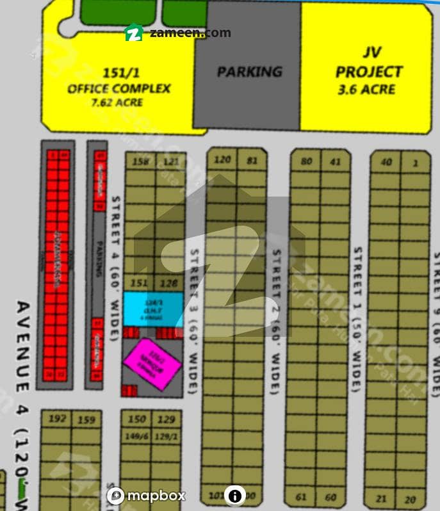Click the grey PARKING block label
(249, 71)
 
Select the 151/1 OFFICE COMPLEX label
(118, 88)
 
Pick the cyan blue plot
(154, 309)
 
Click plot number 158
(140, 161)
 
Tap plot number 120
(222, 159)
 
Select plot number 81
(251, 160)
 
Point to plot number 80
(306, 161)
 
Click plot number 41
(336, 161)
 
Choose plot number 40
(386, 162)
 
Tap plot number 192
(57, 419)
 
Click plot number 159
(86, 420)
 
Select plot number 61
(302, 497)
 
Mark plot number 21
(382, 499)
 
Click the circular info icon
(235, 496)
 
